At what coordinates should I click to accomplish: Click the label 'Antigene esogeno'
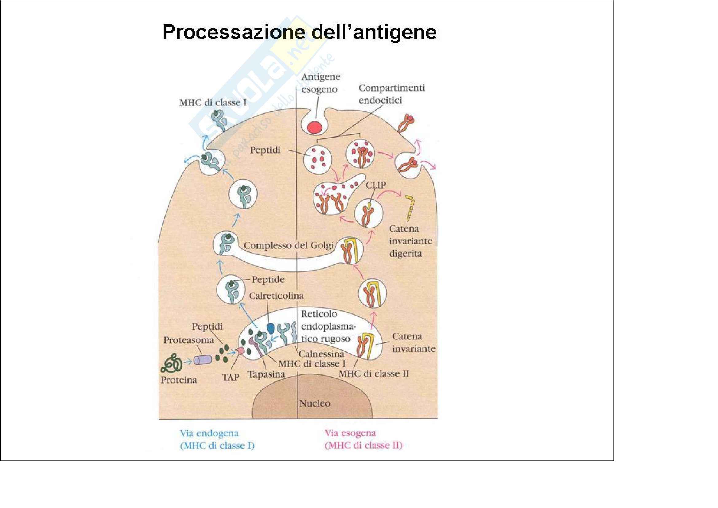[x=320, y=83]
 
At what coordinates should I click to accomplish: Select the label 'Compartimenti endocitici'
[x=391, y=94]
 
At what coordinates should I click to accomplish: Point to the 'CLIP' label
[x=375, y=185]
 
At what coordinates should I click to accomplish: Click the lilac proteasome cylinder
[x=202, y=360]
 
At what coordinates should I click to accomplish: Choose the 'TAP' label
[x=231, y=377]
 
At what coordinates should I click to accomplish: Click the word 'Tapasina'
[x=266, y=374]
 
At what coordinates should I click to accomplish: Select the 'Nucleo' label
[x=315, y=404]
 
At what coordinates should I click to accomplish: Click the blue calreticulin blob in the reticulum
[x=271, y=328]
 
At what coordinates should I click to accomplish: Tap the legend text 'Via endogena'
[x=209, y=434]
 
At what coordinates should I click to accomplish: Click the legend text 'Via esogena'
[x=350, y=433]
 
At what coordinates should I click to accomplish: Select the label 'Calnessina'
[x=321, y=354]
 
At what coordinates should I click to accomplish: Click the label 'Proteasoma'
[x=188, y=340]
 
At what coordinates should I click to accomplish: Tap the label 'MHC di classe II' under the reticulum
[x=373, y=374]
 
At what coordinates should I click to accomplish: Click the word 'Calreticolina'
[x=276, y=296]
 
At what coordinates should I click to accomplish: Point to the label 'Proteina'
[x=179, y=380]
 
